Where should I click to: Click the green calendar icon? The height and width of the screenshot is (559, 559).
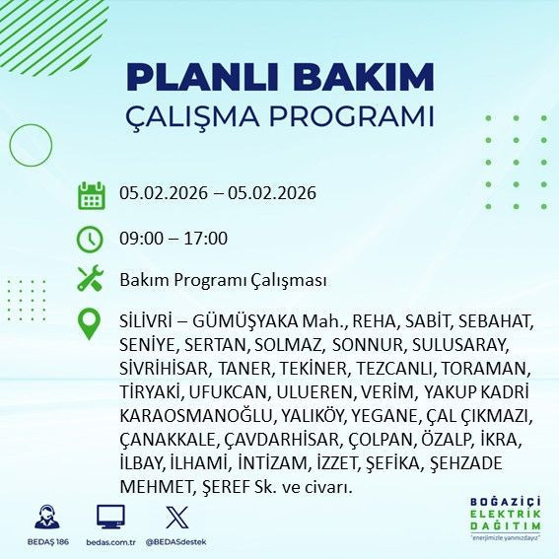(x=91, y=194)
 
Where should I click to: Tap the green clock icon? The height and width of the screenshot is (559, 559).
(x=91, y=239)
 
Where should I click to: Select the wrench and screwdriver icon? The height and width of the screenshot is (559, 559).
(x=91, y=280)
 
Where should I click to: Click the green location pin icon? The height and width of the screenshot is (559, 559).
(x=91, y=324)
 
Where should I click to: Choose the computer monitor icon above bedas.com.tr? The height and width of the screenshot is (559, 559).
(x=110, y=517)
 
